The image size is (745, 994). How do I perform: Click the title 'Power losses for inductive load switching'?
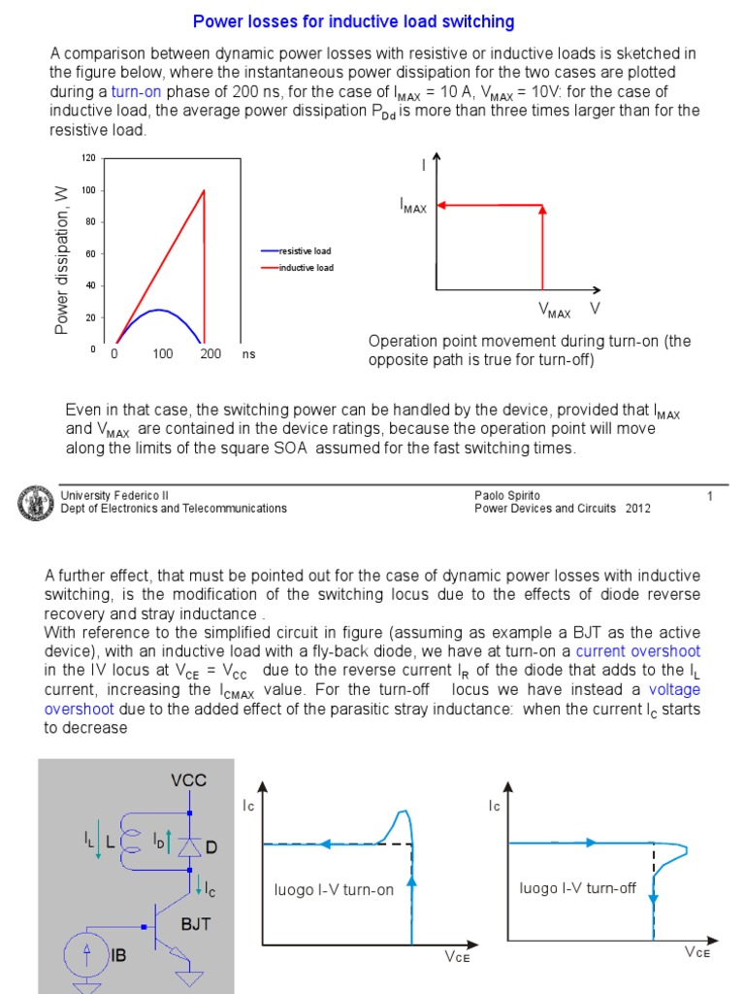[354, 20]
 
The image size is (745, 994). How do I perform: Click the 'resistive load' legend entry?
[305, 251]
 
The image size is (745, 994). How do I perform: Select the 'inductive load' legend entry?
[306, 267]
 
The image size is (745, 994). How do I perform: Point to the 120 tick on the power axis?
[88, 157]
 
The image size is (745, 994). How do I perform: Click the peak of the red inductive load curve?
[204, 190]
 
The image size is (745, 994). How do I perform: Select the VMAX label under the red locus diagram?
[555, 313]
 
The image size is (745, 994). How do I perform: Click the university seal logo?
[36, 503]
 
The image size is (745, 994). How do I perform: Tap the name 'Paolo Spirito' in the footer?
[507, 495]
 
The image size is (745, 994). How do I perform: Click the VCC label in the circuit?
[188, 779]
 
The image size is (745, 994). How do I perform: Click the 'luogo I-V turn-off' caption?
[577, 888]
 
